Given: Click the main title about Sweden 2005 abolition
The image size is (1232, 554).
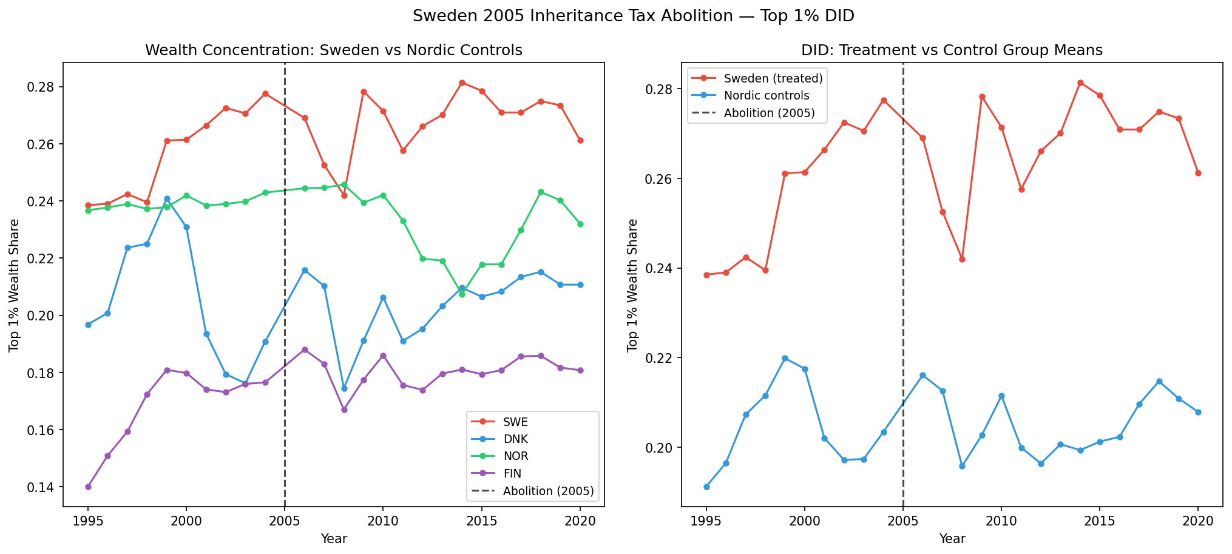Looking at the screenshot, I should coord(633,16).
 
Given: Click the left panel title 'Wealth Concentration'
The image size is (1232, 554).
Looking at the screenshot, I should coord(333,50).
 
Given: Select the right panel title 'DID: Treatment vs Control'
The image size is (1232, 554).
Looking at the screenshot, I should coord(952,50).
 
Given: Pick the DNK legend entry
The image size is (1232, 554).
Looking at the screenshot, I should coord(515,439).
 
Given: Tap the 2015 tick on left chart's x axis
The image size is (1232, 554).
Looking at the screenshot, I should coord(481,521).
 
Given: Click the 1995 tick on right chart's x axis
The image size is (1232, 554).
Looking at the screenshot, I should coord(706,521).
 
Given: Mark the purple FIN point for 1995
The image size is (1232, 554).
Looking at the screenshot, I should coord(88,487).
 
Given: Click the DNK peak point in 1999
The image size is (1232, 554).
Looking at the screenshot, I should coord(167,198).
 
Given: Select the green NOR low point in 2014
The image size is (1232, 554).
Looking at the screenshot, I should coord(462,294).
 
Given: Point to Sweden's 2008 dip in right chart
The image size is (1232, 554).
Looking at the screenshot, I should coord(962,259).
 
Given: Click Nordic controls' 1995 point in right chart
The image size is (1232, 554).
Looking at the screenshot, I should coord(706,487).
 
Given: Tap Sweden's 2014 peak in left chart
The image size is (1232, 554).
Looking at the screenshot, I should coord(462,83).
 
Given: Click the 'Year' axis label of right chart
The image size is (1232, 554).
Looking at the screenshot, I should coord(952,538).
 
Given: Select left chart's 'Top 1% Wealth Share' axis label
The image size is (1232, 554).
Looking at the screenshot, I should coord(14,285).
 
